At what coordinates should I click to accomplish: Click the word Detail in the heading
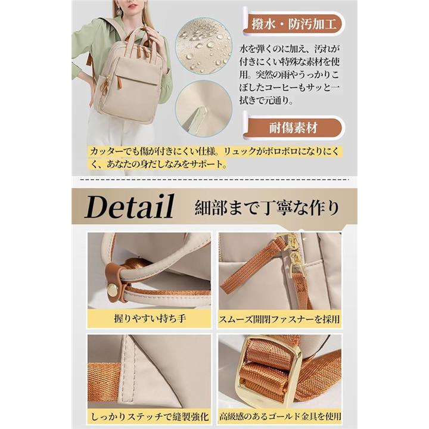129,207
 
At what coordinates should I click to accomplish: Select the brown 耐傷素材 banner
293,128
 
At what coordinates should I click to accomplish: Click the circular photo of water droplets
203,45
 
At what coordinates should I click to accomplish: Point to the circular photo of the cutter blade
204,108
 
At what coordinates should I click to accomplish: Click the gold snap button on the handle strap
112,290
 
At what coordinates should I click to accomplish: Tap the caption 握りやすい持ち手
150,319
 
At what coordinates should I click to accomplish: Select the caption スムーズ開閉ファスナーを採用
279,319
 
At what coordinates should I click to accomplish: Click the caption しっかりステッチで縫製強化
150,417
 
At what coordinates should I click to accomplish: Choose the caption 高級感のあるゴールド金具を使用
280,416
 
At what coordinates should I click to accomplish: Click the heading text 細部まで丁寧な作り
267,209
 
